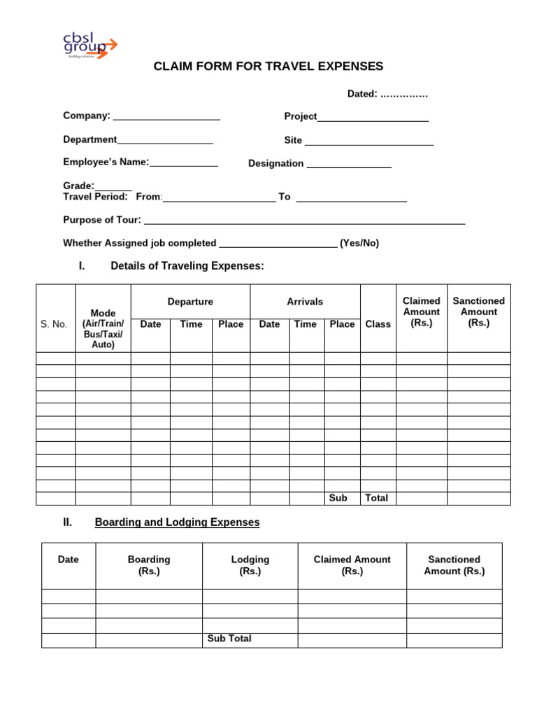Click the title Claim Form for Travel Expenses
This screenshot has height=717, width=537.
tap(268, 67)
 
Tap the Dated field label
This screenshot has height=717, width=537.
tap(363, 94)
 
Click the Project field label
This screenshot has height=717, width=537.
tap(301, 117)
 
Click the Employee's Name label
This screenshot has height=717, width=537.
tap(106, 162)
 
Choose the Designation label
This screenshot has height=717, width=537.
tap(276, 164)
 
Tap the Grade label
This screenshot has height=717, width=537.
tap(78, 186)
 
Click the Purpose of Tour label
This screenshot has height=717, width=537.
tap(102, 220)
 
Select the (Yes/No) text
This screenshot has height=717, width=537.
tap(359, 244)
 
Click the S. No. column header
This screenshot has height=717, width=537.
tap(55, 324)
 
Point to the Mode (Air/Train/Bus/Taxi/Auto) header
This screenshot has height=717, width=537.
tap(103, 328)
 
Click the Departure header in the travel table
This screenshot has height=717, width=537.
tap(190, 302)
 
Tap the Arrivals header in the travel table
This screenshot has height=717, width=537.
tap(305, 302)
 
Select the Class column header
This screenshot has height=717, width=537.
tap(378, 324)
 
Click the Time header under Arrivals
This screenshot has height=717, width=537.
tap(305, 324)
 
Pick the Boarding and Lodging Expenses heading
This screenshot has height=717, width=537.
tap(177, 522)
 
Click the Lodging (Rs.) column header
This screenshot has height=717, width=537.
tap(250, 565)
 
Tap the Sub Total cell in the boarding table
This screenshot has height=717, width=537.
tap(229, 639)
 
